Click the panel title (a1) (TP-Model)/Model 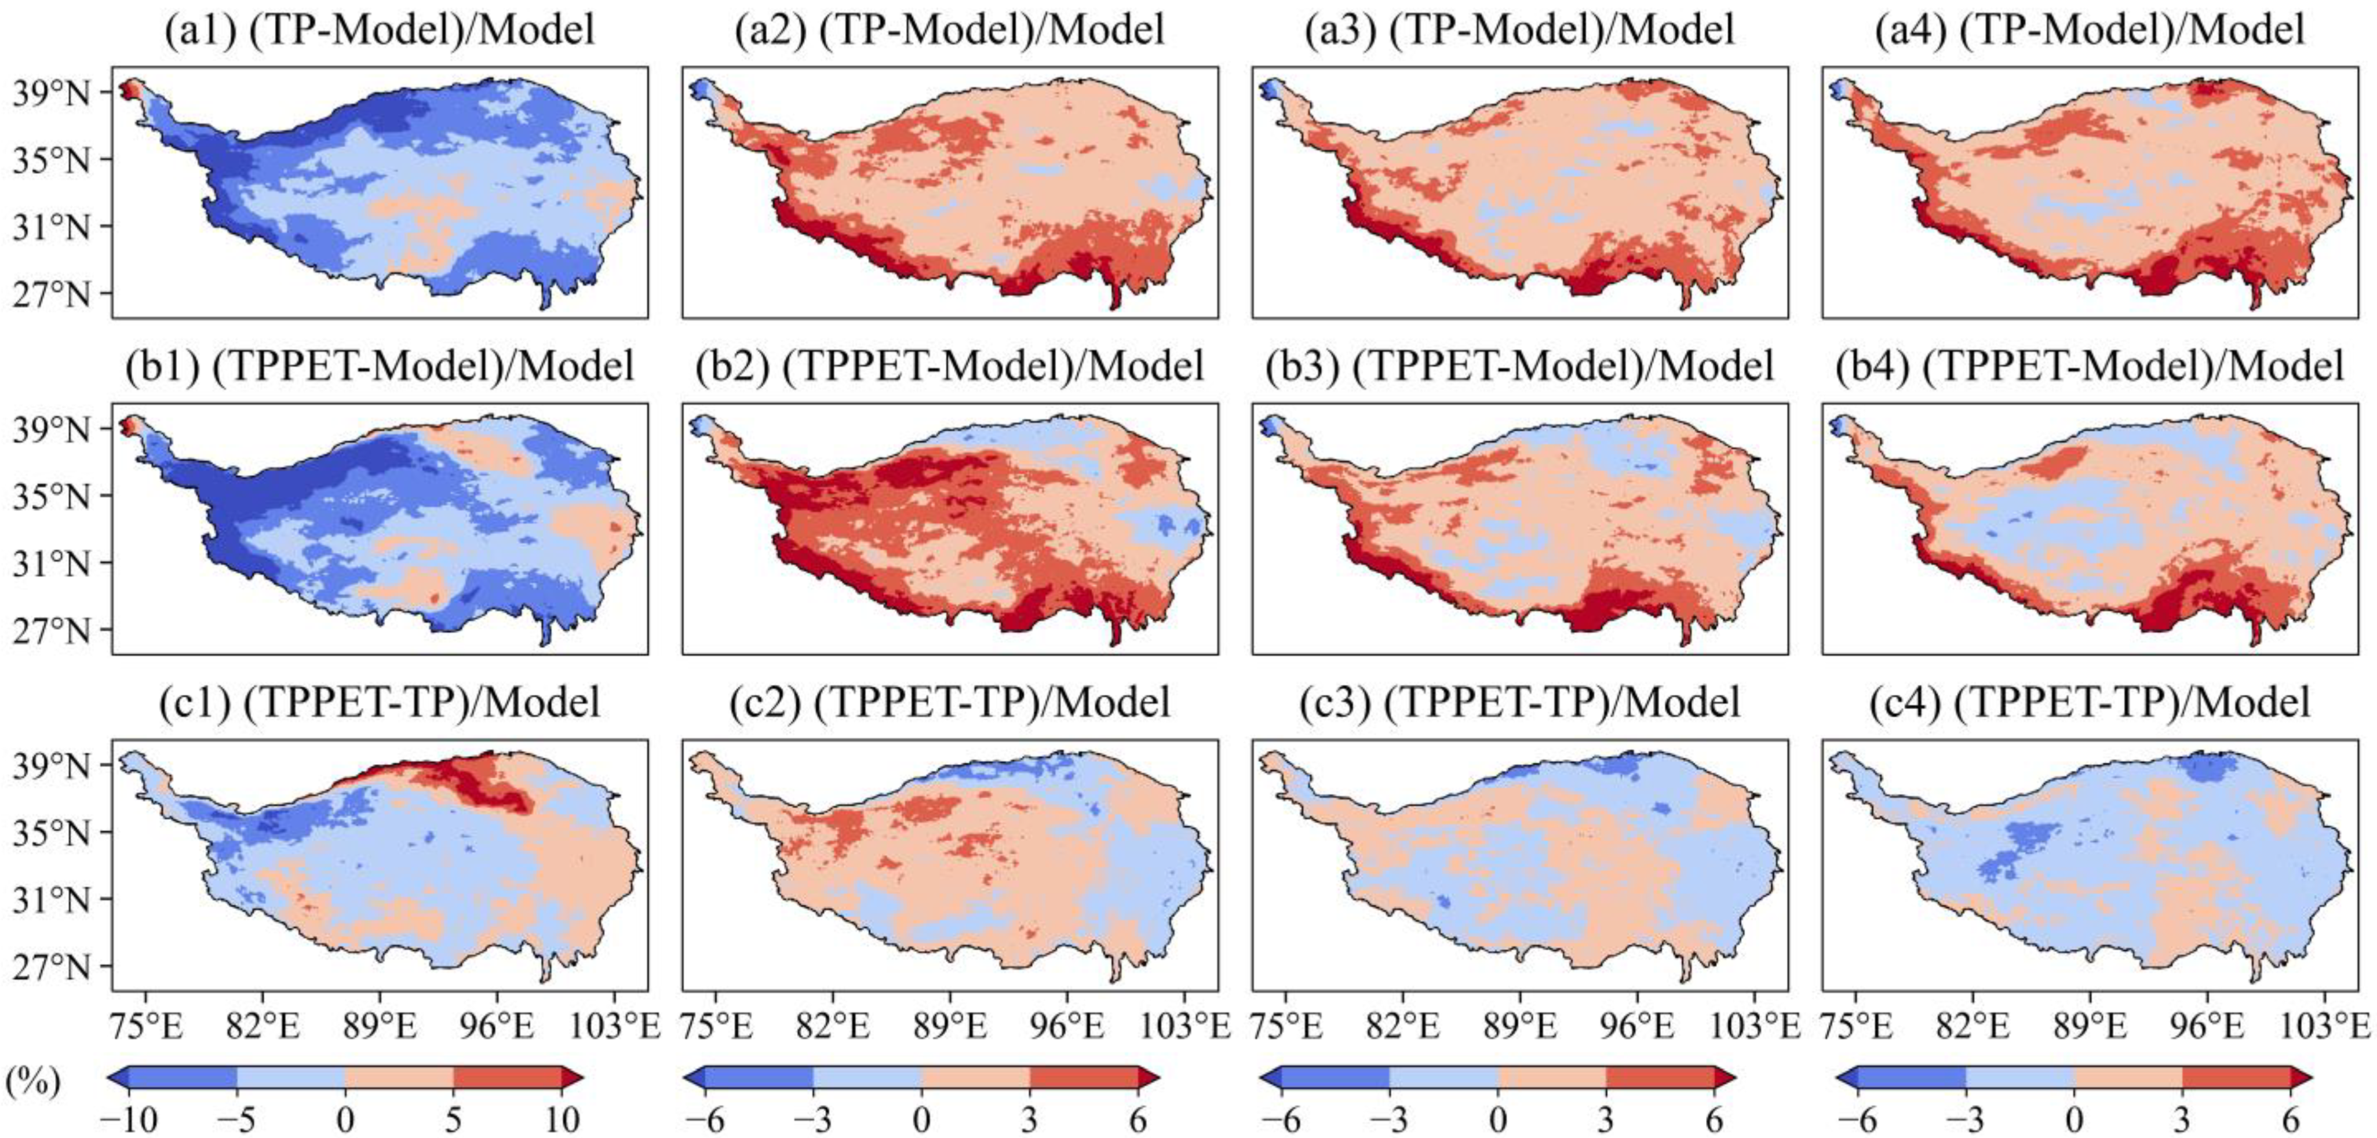click(x=379, y=31)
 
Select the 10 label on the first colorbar click(x=561, y=1119)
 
